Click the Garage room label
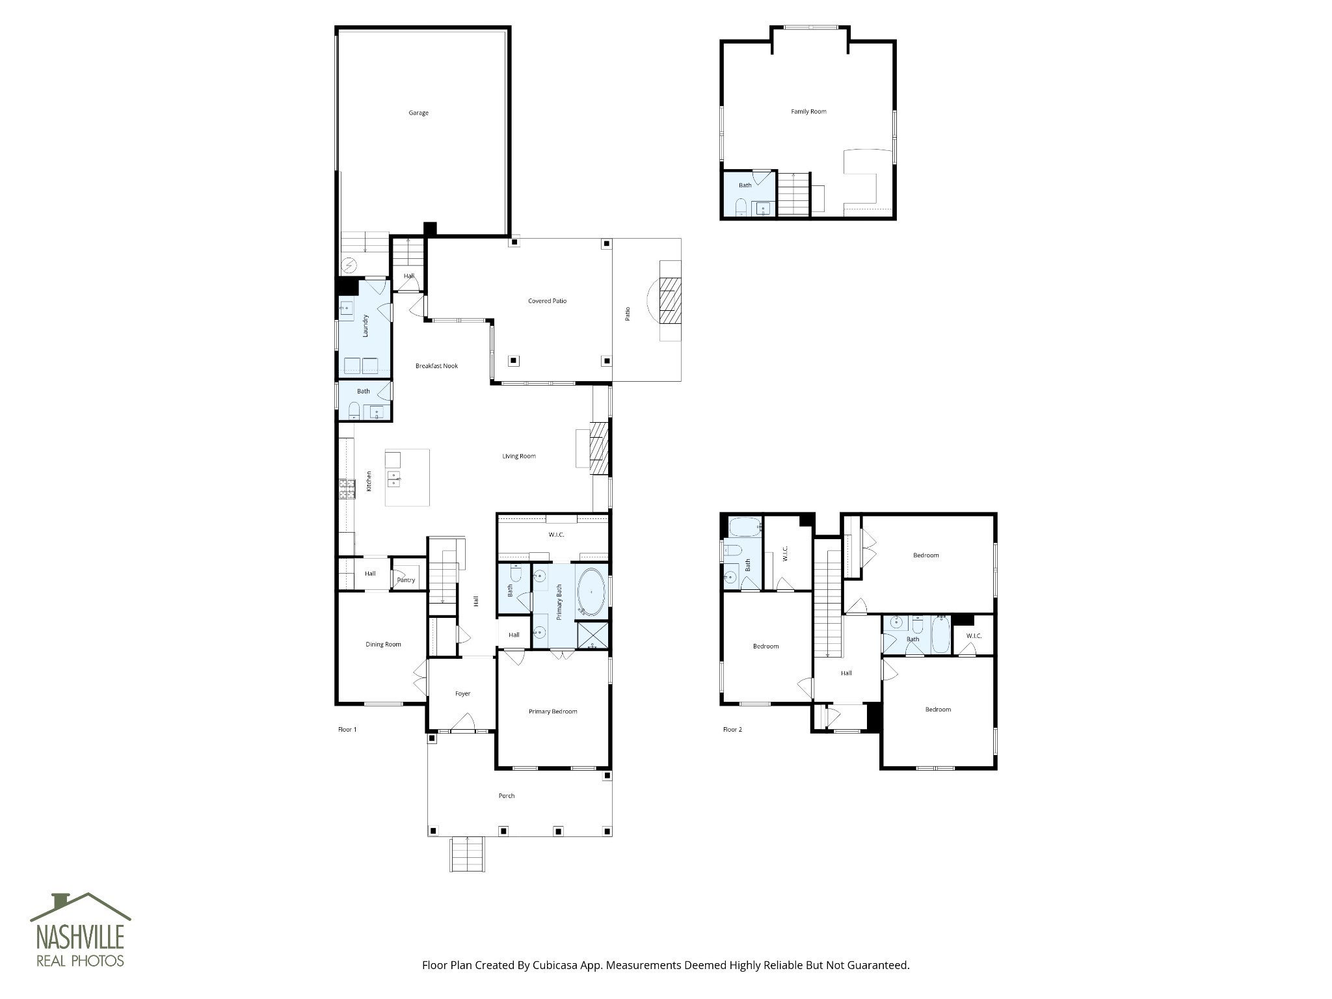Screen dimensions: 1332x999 (x=418, y=113)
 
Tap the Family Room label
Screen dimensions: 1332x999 (x=808, y=112)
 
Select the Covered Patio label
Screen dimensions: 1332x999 (x=547, y=301)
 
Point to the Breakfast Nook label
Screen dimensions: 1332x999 (x=436, y=366)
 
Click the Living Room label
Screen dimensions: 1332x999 (x=519, y=457)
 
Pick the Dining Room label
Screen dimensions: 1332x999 (x=383, y=645)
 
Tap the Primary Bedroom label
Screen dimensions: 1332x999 (x=553, y=712)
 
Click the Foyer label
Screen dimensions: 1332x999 (x=462, y=694)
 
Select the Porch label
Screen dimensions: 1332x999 (x=507, y=796)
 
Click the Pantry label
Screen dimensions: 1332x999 (x=406, y=580)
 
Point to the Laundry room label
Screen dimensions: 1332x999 (x=366, y=326)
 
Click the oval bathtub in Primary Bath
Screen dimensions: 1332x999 (x=591, y=593)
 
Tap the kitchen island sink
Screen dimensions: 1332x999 (x=393, y=479)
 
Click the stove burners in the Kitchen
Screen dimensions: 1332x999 (x=347, y=489)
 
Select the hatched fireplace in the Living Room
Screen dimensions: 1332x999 (x=599, y=449)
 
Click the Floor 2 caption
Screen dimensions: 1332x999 (x=732, y=730)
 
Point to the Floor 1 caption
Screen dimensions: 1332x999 (x=347, y=730)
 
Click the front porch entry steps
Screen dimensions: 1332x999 (x=468, y=854)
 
